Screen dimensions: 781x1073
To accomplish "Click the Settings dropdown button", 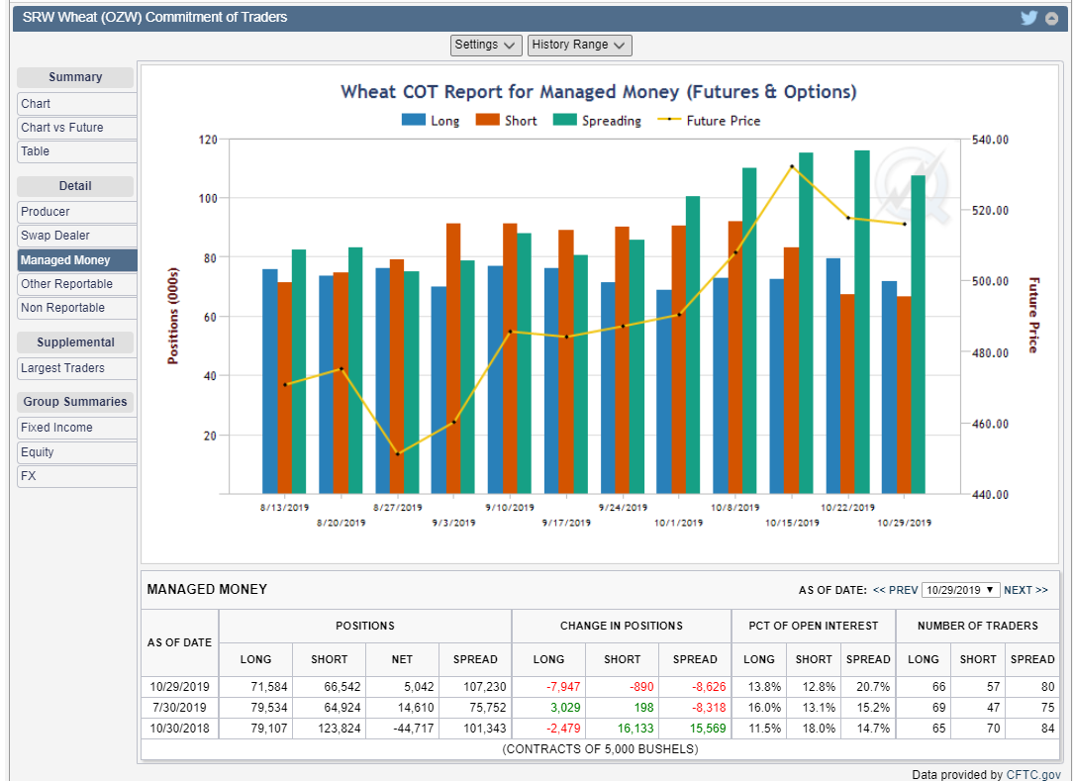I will pyautogui.click(x=486, y=45).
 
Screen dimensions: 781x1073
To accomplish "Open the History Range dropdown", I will pyautogui.click(x=579, y=45).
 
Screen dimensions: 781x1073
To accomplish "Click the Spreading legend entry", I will pyautogui.click(x=597, y=121).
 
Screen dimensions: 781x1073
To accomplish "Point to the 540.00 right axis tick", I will pyautogui.click(x=990, y=140).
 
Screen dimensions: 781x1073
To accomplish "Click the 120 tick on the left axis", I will pyautogui.click(x=206, y=140).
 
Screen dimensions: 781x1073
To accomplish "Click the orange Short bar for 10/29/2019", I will pyautogui.click(x=903, y=395).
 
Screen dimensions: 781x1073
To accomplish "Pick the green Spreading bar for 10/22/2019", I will pyautogui.click(x=861, y=322).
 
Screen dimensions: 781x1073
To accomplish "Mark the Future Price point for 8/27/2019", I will pyautogui.click(x=397, y=453).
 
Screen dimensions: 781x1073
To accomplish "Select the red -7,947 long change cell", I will pyautogui.click(x=548, y=686).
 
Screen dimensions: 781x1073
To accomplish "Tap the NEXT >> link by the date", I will pyautogui.click(x=1025, y=590).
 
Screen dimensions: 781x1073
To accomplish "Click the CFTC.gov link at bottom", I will pyautogui.click(x=1033, y=775).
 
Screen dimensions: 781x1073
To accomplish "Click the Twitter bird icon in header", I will pyautogui.click(x=1029, y=18).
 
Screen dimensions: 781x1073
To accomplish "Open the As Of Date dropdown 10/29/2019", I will pyautogui.click(x=960, y=590).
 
